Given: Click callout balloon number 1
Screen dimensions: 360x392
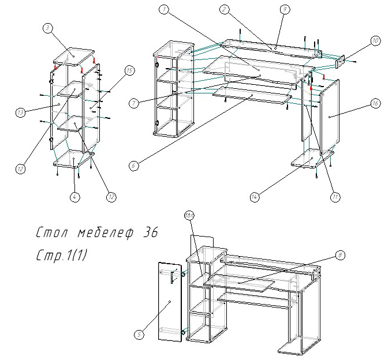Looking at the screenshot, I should [165, 10].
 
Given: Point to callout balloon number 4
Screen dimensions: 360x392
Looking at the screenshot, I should [76, 197].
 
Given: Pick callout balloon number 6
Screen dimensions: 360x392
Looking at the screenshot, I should [134, 166].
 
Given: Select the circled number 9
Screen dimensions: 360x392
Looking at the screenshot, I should [283, 9].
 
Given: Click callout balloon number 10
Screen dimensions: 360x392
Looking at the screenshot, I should [375, 41].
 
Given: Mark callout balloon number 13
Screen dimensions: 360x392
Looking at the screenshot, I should [21, 112].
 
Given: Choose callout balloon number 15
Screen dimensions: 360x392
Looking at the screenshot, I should [129, 70].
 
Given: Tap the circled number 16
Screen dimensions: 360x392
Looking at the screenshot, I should [375, 104].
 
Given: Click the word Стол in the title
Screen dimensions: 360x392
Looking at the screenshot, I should [53, 234].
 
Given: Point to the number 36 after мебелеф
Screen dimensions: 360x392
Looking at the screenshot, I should [148, 233].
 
